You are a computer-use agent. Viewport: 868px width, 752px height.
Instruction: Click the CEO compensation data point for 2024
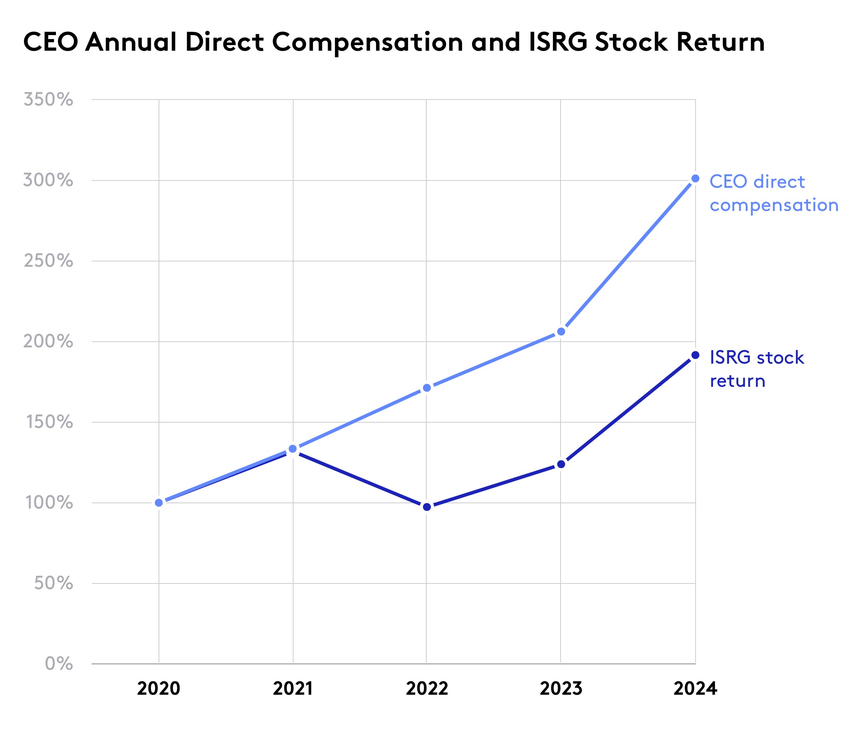coord(695,179)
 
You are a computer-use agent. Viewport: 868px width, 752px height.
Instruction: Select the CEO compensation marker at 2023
coord(561,332)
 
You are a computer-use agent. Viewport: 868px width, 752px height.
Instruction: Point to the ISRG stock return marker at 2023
coord(561,464)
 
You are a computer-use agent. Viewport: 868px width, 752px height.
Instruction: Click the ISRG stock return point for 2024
coord(695,356)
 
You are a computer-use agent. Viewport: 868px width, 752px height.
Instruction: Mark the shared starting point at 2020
coord(159,503)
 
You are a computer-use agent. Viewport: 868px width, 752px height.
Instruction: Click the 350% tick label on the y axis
coord(48,100)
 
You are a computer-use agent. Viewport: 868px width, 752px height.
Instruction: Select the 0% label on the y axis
coord(59,664)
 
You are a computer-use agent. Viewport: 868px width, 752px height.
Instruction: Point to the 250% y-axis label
coord(48,261)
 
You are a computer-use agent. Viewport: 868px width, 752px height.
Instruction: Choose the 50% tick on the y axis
coord(54,583)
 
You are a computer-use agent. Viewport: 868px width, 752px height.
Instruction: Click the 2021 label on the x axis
coord(292,689)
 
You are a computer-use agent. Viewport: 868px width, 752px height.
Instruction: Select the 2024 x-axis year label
coord(695,689)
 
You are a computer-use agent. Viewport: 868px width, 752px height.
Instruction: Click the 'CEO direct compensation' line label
coord(773,194)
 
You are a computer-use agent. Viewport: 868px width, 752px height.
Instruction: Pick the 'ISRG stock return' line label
coord(757,369)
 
